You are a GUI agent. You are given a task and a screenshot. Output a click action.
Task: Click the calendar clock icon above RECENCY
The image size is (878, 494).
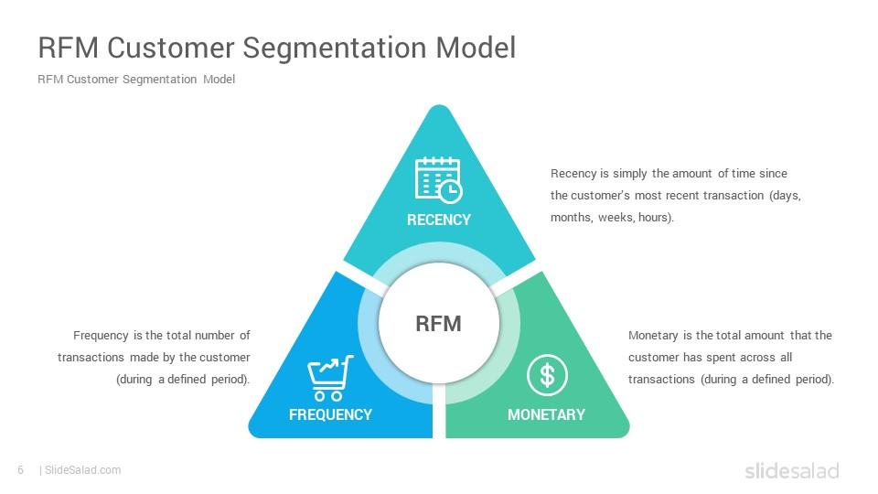click(438, 178)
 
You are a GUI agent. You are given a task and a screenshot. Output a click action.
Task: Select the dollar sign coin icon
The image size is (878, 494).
click(547, 375)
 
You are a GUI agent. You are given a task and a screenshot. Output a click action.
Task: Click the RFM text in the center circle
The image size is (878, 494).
click(439, 324)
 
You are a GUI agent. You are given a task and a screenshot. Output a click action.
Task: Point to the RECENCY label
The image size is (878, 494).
click(439, 220)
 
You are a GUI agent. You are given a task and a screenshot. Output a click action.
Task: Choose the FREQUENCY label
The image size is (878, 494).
click(330, 414)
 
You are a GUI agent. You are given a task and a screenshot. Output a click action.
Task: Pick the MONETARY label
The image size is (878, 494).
click(546, 414)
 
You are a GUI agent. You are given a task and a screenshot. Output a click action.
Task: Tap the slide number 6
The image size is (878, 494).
click(20, 470)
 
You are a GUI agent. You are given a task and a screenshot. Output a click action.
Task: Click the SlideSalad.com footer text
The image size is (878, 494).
click(82, 470)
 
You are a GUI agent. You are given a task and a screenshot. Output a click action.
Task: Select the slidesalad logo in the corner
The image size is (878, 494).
click(791, 471)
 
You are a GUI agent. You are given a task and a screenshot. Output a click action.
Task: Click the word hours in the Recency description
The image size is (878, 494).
click(654, 218)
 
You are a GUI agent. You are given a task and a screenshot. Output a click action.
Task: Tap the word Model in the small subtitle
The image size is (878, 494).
click(219, 80)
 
